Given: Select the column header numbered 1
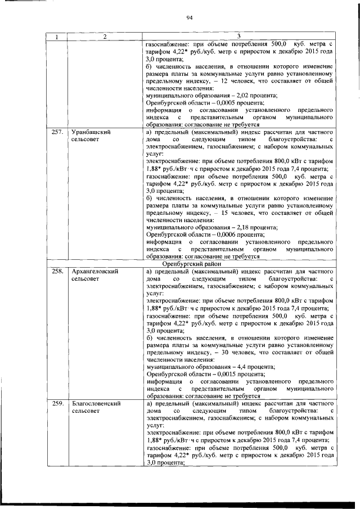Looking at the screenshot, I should (x=56, y=37).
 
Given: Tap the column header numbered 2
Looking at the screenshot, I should (x=104, y=37).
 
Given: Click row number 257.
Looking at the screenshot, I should (x=57, y=132).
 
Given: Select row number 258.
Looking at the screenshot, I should (x=57, y=272).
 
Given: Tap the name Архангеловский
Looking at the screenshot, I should (x=94, y=272).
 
